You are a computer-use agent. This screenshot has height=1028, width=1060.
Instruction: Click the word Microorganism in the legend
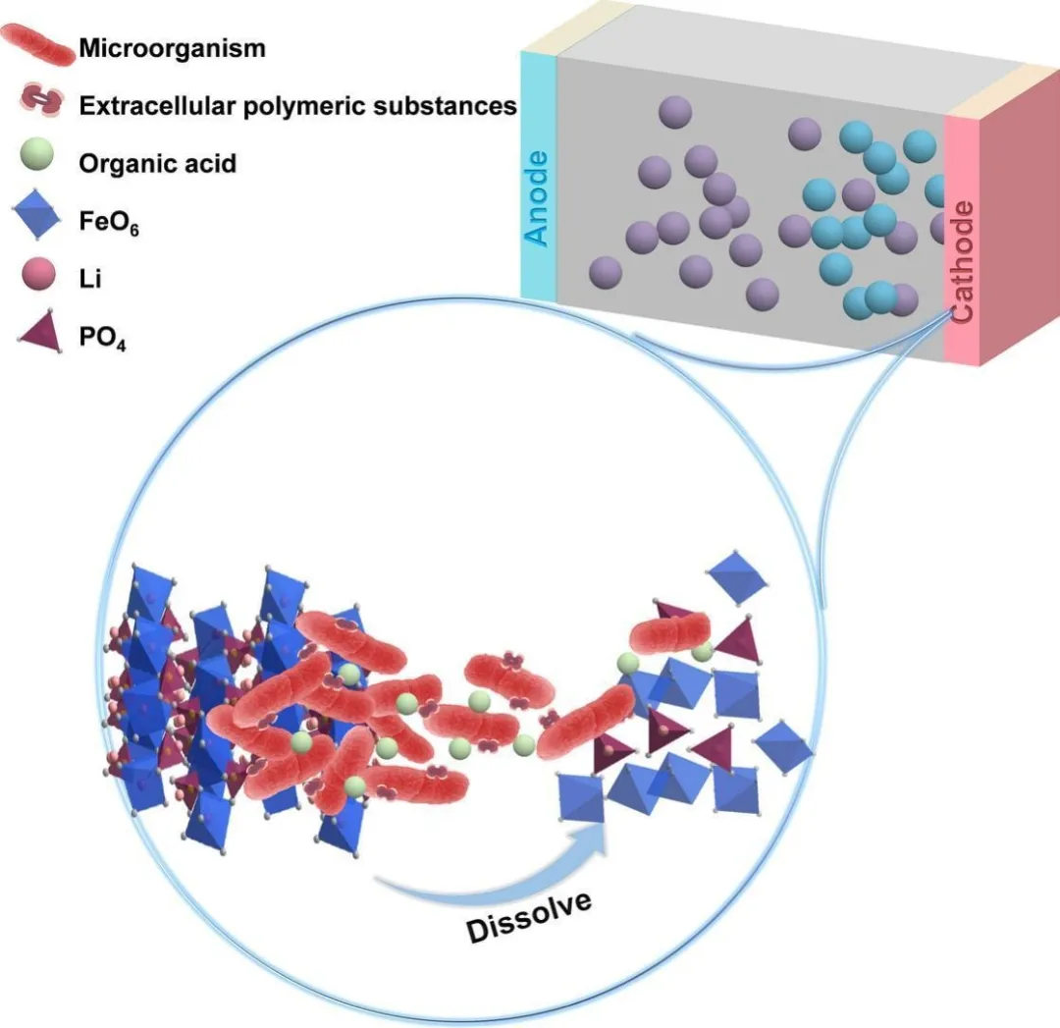pos(172,47)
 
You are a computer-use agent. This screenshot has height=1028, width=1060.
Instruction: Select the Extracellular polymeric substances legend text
pos(298,105)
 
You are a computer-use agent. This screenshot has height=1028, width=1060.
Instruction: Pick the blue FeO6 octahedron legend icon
pos(38,217)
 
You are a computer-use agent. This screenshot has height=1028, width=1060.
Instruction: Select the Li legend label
pos(89,279)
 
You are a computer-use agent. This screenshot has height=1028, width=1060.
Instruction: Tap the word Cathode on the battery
pos(962,260)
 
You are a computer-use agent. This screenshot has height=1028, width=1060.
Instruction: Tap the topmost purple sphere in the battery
pos(674,112)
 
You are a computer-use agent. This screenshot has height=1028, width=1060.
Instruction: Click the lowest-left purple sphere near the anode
pos(605,273)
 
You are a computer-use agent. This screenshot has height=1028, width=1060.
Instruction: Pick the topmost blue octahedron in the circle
pos(738,576)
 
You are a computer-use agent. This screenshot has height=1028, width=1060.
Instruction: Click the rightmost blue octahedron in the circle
pos(785,746)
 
